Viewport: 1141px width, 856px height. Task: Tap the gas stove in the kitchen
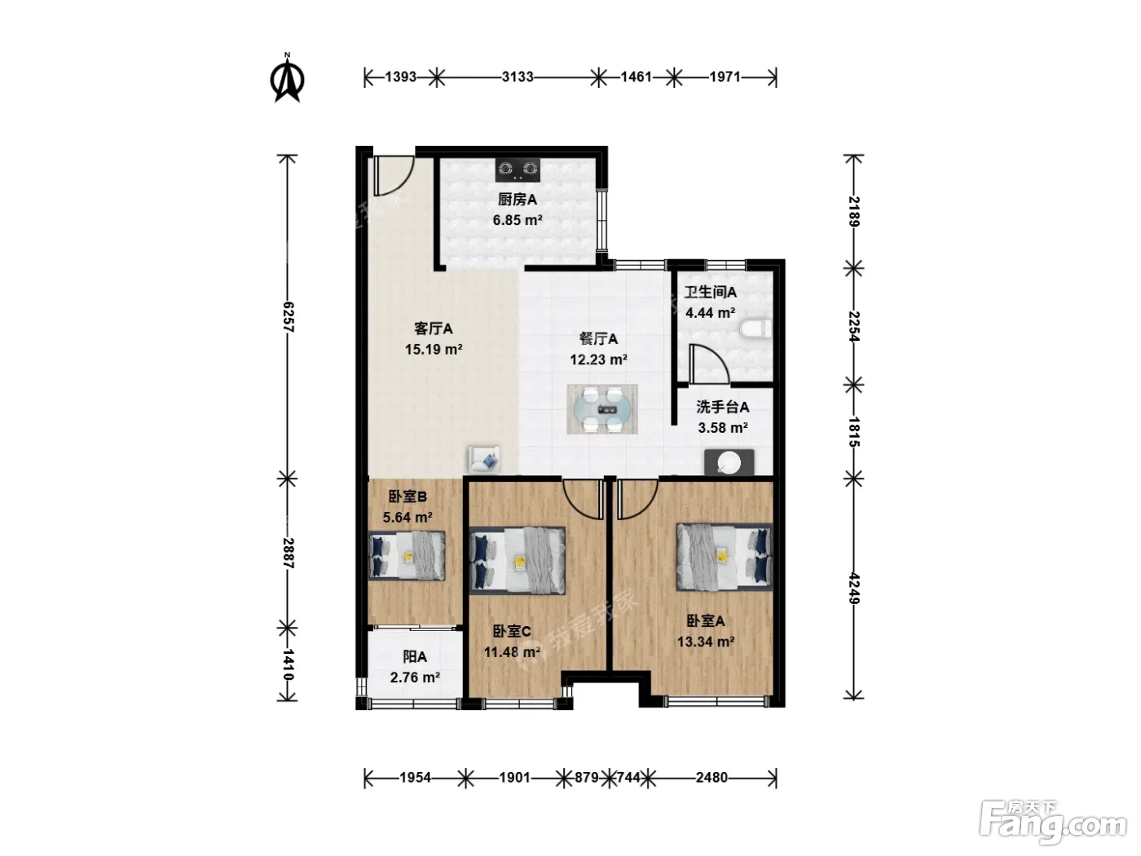point(518,170)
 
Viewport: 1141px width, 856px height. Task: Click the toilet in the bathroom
point(755,329)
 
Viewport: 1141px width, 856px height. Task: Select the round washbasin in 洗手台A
point(729,461)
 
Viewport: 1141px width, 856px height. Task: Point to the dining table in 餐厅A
point(602,409)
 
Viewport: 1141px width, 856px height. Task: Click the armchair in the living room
point(484,459)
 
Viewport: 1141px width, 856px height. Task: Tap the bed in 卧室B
point(407,556)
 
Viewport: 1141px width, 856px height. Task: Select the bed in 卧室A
point(724,557)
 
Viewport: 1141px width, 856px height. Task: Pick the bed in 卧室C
point(518,560)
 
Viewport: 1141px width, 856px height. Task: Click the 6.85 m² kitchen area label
point(518,220)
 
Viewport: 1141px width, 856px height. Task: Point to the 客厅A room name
point(433,329)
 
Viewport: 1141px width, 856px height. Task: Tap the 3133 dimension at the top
point(518,77)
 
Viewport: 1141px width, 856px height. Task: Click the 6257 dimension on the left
point(288,317)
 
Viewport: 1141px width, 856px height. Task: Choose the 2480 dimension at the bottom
point(711,778)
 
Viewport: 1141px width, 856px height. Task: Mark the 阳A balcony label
point(415,657)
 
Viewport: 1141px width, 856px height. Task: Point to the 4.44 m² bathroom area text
point(710,313)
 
